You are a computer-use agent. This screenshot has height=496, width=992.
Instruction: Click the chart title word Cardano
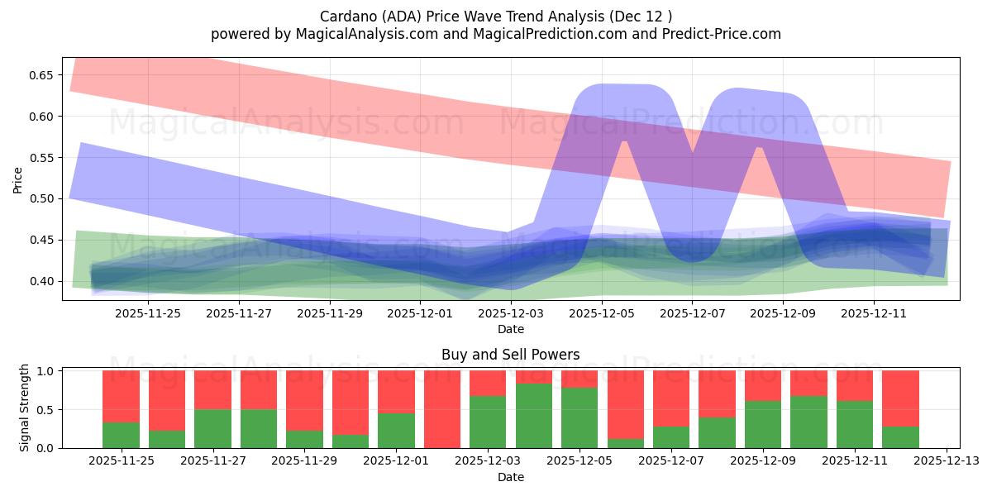tap(348, 17)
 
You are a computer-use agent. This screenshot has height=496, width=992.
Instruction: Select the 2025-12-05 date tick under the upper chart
tap(602, 314)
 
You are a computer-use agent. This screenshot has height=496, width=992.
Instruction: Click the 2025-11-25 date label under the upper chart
tap(147, 314)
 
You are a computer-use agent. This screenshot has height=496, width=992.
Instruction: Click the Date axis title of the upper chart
tap(511, 330)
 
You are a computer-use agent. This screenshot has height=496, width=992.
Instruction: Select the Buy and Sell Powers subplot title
tap(511, 355)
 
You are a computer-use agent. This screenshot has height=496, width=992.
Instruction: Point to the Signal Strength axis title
tap(25, 408)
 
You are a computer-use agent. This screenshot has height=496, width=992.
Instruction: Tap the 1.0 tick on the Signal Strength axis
tap(45, 371)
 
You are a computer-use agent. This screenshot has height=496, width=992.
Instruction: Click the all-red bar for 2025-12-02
tap(442, 409)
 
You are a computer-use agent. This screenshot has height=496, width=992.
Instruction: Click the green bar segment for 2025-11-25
tap(121, 436)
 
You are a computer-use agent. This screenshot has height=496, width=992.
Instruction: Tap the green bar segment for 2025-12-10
tap(808, 422)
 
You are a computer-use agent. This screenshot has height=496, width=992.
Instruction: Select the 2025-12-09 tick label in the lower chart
tap(763, 461)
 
